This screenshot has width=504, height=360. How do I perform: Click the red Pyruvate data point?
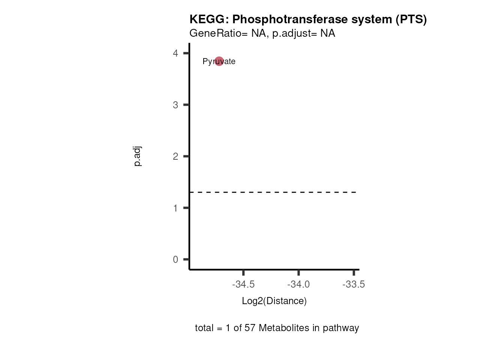[219, 61]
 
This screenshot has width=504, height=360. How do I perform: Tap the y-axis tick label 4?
[175, 53]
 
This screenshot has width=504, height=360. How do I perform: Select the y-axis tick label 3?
[175, 105]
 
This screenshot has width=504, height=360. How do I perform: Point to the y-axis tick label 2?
[175, 156]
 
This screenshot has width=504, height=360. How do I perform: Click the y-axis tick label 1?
[175, 208]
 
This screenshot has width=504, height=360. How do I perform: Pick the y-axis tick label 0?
[175, 259]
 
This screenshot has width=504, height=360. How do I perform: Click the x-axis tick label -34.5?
[243, 285]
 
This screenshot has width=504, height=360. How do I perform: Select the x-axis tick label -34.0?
[298, 285]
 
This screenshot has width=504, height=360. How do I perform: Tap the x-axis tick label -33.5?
[354, 285]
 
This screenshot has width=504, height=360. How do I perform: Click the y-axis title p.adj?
[138, 156]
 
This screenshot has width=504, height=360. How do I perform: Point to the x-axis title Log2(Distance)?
[274, 301]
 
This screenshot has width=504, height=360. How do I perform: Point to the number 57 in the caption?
[250, 328]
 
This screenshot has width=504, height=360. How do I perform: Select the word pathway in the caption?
[341, 328]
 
